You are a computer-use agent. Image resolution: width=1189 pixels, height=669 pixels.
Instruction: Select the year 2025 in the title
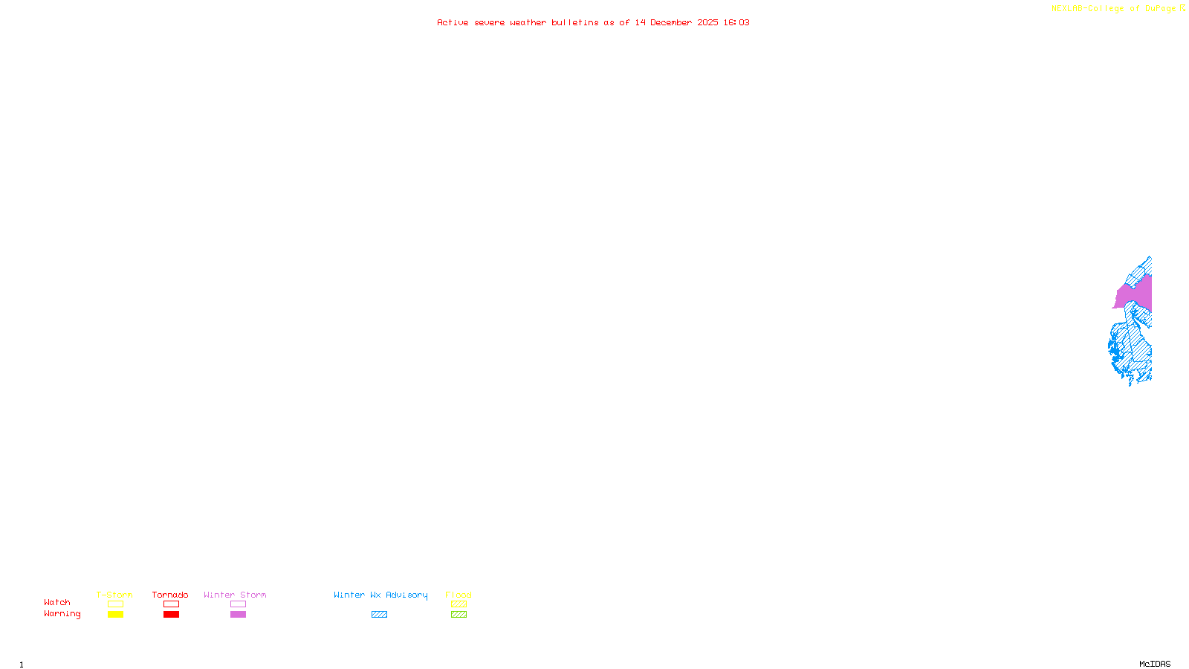pyautogui.click(x=707, y=22)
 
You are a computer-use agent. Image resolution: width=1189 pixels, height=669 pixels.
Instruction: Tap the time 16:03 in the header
pyautogui.click(x=736, y=22)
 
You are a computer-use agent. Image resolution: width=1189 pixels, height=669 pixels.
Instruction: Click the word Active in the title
pyautogui.click(x=453, y=22)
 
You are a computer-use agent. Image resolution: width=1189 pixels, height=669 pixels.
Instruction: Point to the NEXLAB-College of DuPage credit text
pyautogui.click(x=1113, y=8)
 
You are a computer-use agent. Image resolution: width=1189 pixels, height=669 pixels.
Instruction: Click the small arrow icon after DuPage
pyautogui.click(x=1182, y=8)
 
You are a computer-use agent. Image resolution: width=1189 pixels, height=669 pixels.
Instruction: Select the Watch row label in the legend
pyautogui.click(x=56, y=602)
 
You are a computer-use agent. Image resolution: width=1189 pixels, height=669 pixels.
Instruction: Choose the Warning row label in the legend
pyautogui.click(x=62, y=614)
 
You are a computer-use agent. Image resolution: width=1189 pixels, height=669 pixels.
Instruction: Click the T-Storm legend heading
pyautogui.click(x=114, y=595)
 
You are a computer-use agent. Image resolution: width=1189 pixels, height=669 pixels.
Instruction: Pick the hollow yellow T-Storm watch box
pyautogui.click(x=115, y=604)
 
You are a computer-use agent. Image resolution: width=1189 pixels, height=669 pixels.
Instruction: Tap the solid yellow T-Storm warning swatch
pyautogui.click(x=115, y=615)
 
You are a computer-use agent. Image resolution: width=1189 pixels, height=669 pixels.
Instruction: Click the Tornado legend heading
pyautogui.click(x=170, y=595)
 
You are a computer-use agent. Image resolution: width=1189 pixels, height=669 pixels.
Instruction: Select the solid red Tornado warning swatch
pyautogui.click(x=171, y=615)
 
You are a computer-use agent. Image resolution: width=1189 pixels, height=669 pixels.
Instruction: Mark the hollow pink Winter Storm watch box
pyautogui.click(x=238, y=604)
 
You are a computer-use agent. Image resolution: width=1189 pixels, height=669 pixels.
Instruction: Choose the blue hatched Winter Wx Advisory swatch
pyautogui.click(x=379, y=615)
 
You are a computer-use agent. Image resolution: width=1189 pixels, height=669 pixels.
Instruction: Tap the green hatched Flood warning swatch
pyautogui.click(x=459, y=615)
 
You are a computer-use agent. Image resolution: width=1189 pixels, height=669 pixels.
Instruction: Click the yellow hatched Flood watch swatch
pyautogui.click(x=459, y=604)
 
